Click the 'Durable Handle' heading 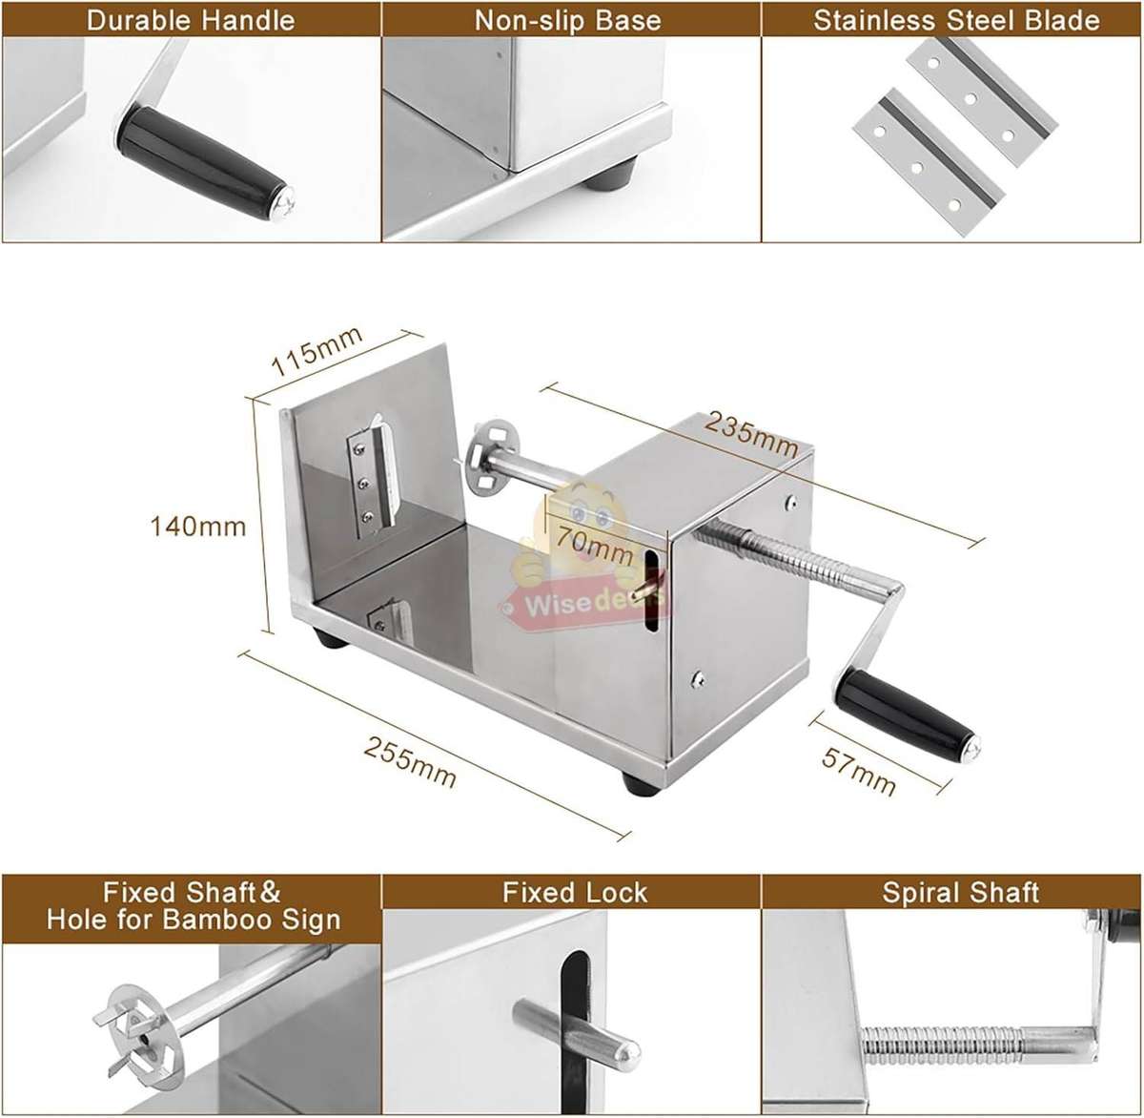[x=190, y=20]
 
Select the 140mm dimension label [x=198, y=525]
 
